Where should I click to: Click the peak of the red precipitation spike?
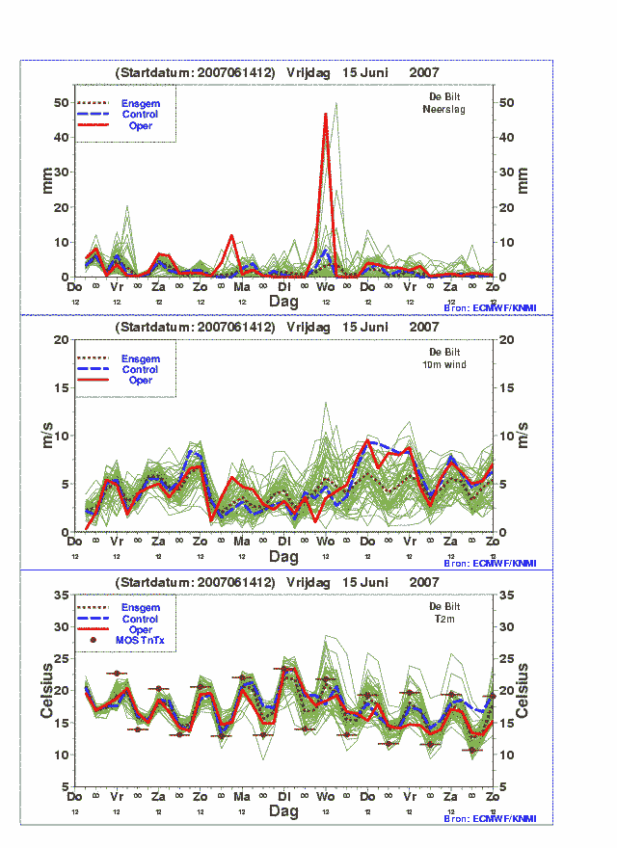326,115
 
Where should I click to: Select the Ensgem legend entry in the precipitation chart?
140,103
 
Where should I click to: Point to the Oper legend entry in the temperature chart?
140,629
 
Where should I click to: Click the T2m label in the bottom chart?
444,619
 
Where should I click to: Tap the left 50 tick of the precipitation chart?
64,102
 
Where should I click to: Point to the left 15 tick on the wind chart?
64,387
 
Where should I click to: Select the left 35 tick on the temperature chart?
64,595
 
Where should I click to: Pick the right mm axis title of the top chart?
524,180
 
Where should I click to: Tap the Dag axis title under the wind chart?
283,557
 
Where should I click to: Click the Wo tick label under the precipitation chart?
326,287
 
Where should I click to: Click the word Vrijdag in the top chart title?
308,72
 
